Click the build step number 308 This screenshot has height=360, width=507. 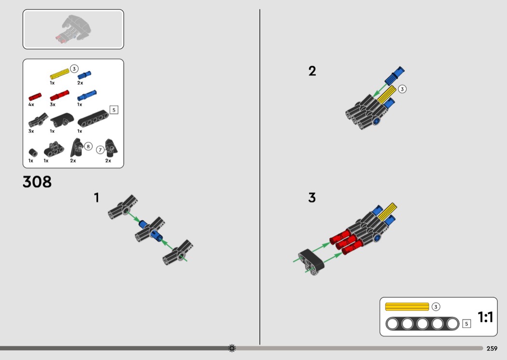click(x=37, y=182)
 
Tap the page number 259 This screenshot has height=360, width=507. click(x=492, y=348)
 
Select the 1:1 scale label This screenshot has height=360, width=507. click(x=485, y=317)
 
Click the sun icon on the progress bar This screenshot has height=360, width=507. click(x=232, y=348)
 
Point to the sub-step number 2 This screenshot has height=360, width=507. click(x=312, y=71)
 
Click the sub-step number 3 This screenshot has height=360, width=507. click(x=312, y=197)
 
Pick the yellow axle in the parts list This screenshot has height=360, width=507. click(x=59, y=74)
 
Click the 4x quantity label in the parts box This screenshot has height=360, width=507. click(x=31, y=104)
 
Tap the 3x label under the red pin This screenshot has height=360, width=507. click(x=52, y=104)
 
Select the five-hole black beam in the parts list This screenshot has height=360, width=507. click(x=93, y=119)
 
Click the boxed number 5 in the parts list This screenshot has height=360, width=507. click(x=114, y=110)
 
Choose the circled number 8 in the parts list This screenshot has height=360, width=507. click(x=88, y=146)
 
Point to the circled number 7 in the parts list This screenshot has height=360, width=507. click(x=100, y=150)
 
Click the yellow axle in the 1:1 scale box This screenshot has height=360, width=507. click(x=407, y=307)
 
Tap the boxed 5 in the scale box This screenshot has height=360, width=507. click(x=466, y=323)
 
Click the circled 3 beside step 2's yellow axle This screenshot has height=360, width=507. click(x=402, y=89)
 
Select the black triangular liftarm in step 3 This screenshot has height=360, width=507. click(x=311, y=261)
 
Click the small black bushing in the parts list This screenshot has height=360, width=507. click(x=33, y=152)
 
